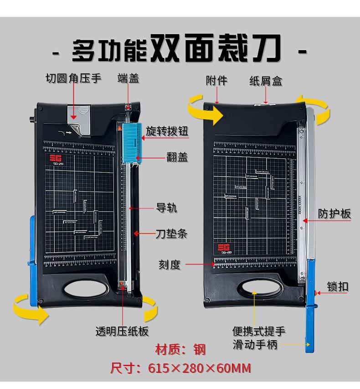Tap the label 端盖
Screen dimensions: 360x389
click(128, 78)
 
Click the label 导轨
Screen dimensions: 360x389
click(167, 208)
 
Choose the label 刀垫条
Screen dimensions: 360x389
click(171, 234)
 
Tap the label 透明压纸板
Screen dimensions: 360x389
click(122, 331)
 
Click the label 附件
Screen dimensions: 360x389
click(216, 81)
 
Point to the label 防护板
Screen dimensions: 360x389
click(334, 213)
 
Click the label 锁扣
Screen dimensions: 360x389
click(338, 286)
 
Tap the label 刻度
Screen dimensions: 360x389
click(170, 264)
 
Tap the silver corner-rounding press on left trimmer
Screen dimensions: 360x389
click(80, 119)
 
